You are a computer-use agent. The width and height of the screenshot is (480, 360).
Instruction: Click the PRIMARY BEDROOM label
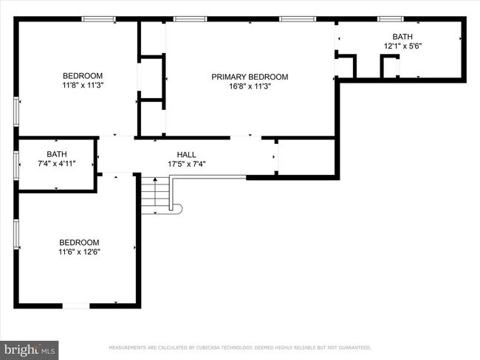(250, 77)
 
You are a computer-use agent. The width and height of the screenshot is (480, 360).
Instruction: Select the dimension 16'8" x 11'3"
(250, 86)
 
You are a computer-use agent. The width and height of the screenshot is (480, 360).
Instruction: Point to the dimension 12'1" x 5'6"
(402, 46)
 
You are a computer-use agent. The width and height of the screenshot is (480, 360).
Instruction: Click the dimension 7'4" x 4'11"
(57, 164)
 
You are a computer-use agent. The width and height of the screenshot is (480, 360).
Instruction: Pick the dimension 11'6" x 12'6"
(79, 252)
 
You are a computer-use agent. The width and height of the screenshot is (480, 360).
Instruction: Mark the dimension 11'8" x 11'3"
(82, 85)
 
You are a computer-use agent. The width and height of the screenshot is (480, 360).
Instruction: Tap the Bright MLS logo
(30, 347)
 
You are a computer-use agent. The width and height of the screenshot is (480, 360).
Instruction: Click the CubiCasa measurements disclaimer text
(240, 347)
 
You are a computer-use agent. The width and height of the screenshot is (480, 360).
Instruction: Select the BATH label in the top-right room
(402, 36)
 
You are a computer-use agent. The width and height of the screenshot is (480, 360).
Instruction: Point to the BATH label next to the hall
(57, 154)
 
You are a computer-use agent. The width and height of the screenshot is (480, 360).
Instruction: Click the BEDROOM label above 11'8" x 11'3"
(82, 75)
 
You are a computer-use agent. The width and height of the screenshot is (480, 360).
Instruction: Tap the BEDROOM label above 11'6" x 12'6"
(79, 242)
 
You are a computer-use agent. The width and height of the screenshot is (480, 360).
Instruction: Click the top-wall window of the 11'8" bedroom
(98, 19)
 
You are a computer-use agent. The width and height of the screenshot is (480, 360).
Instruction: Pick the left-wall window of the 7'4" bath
(16, 164)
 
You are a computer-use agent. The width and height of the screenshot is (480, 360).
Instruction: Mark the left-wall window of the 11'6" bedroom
(16, 233)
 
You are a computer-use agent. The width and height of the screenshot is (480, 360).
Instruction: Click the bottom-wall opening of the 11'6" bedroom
(76, 305)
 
